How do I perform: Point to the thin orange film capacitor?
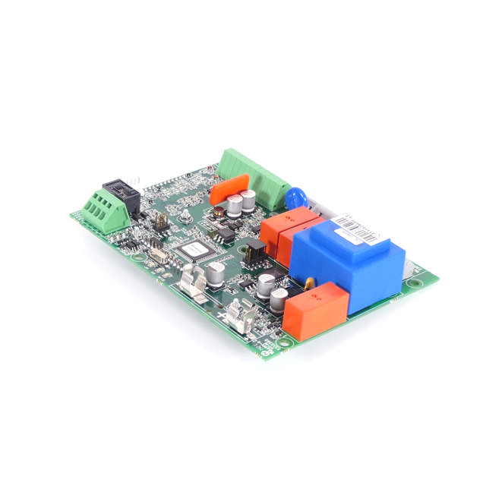pos(231,188)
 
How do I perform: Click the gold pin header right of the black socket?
pos(161,220)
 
